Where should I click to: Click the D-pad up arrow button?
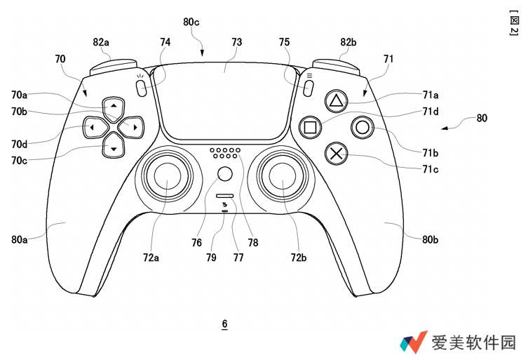(x=113, y=106)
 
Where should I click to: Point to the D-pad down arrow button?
(x=113, y=147)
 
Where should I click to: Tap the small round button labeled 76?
(x=224, y=174)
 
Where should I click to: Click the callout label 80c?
(x=191, y=22)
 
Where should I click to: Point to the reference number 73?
(x=236, y=42)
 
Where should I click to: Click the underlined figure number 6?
(x=224, y=324)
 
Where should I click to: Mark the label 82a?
(x=101, y=42)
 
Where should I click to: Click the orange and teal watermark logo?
(x=414, y=342)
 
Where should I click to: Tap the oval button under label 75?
(x=308, y=88)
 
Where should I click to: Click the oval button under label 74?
(x=141, y=88)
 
